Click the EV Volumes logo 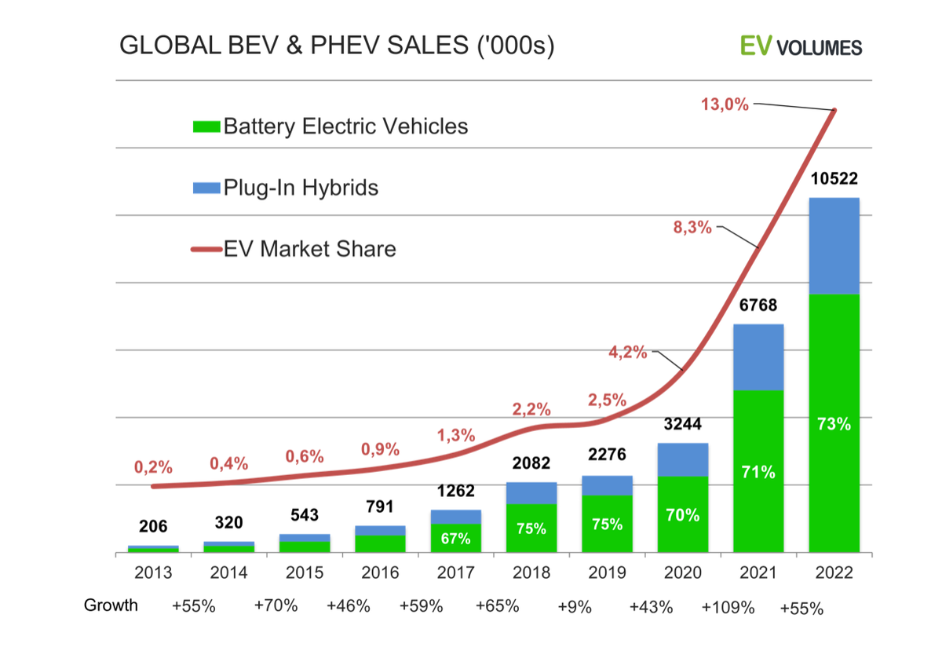[x=801, y=46]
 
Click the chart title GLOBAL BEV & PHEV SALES [x=337, y=46]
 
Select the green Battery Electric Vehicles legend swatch [x=206, y=126]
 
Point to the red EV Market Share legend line [x=206, y=250]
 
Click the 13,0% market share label [x=725, y=104]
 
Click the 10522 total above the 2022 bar [x=834, y=181]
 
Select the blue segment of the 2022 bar [x=834, y=246]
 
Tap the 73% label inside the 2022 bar [x=834, y=424]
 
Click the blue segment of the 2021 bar [x=758, y=357]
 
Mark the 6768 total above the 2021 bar [x=758, y=306]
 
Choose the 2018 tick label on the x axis [x=531, y=572]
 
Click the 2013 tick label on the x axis [x=153, y=572]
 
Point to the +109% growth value [x=728, y=607]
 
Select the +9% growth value [x=574, y=607]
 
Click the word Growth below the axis [x=111, y=605]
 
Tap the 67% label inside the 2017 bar [x=455, y=539]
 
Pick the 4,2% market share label [x=628, y=353]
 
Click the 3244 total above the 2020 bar [x=683, y=425]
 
